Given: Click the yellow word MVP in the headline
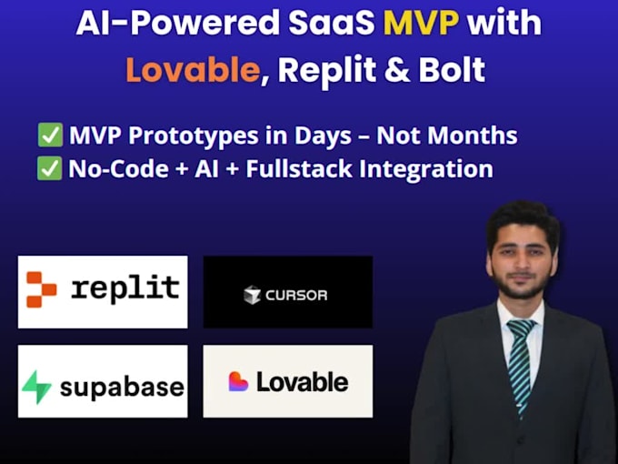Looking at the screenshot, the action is [x=421, y=23].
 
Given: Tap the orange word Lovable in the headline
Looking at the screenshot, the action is [x=193, y=69].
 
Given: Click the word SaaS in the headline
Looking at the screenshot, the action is [x=332, y=23].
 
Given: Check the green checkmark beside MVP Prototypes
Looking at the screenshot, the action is [x=50, y=135].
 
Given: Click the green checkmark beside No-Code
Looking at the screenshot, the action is [x=50, y=168].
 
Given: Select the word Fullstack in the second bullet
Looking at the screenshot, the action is [x=299, y=169].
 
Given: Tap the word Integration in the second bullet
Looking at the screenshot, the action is [x=426, y=169].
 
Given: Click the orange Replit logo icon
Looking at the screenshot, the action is [x=42, y=289].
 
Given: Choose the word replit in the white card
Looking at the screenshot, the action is [x=125, y=288].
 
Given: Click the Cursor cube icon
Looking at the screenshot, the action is [x=253, y=295].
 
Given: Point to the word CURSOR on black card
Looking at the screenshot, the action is [x=296, y=295].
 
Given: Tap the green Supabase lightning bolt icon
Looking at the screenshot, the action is [x=36, y=387].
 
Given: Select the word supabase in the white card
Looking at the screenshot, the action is [x=122, y=388].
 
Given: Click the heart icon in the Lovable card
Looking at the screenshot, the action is [x=238, y=381].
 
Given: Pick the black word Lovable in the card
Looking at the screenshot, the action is [x=303, y=382].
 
